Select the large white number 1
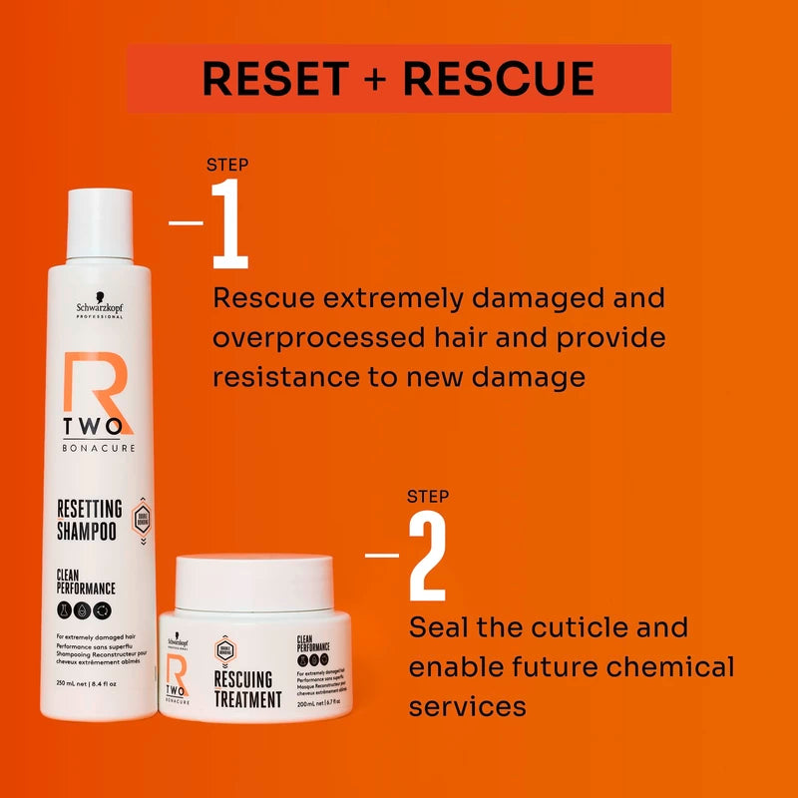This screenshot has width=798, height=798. pyautogui.click(x=230, y=225)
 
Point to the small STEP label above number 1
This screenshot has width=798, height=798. pyautogui.click(x=227, y=165)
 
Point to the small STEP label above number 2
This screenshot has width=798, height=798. pyautogui.click(x=428, y=496)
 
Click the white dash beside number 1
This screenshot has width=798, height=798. pyautogui.click(x=186, y=222)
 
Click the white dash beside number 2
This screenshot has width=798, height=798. pyautogui.click(x=382, y=555)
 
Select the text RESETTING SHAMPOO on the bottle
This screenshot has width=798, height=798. pyautogui.click(x=88, y=520)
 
